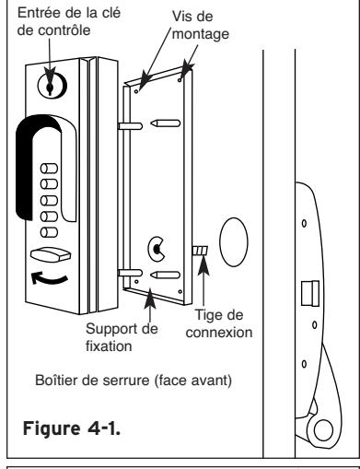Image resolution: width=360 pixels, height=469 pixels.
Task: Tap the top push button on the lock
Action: [49, 169]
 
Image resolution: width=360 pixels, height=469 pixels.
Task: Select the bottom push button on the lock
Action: [49, 232]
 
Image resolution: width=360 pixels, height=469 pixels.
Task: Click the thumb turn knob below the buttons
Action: [51, 255]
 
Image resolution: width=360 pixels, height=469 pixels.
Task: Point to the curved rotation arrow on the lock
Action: [49, 278]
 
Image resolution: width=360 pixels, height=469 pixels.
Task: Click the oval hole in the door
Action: [234, 242]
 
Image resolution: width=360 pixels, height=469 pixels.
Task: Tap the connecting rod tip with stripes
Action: [200, 251]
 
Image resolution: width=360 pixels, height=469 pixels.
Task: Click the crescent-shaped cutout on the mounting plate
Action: [156, 249]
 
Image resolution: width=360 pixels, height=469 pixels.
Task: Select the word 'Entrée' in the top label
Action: [34, 13]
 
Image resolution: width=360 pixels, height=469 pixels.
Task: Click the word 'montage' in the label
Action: [201, 34]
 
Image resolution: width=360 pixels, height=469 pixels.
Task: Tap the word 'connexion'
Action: [219, 333]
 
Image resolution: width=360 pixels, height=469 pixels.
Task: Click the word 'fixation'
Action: [109, 346]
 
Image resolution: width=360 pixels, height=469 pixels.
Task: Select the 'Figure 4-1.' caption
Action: [72, 428]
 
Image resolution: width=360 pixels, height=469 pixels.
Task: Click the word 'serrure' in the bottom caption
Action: [126, 381]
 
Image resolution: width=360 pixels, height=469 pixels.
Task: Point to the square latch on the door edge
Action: [310, 293]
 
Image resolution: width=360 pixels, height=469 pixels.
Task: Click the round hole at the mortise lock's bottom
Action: [323, 430]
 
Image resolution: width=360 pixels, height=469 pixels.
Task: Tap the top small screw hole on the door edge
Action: [304, 223]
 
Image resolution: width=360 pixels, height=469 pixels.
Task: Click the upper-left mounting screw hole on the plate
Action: [136, 91]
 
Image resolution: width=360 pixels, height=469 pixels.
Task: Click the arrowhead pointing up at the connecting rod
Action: [203, 264]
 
